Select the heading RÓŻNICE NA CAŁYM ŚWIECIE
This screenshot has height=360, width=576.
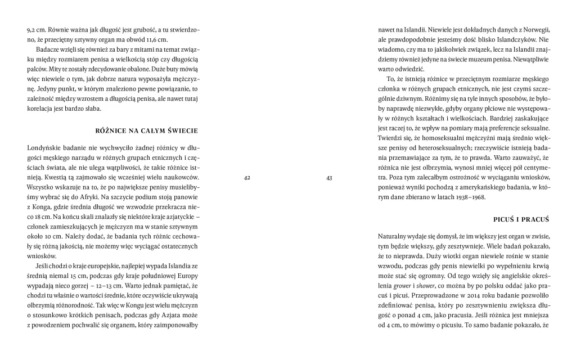click(148, 131)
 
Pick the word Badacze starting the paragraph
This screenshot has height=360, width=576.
click(48, 50)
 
